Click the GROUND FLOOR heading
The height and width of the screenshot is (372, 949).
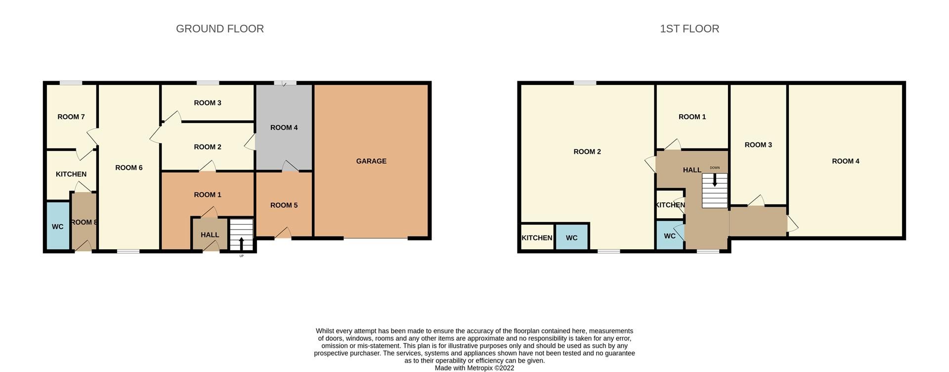(x=220, y=29)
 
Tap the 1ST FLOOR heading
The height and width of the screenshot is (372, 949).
(x=690, y=29)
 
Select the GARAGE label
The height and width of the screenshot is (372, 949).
(x=371, y=161)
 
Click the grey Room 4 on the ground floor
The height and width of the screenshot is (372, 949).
(x=284, y=127)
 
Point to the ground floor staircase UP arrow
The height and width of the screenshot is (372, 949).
(x=241, y=243)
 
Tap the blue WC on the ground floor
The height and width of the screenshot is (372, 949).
(x=58, y=226)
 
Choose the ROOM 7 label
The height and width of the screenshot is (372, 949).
(x=71, y=117)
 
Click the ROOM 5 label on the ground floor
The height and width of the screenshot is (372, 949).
(x=284, y=205)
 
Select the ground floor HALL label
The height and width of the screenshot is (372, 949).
(x=210, y=234)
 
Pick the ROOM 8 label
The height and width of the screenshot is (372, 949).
(x=84, y=222)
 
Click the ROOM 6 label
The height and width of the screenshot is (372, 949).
(x=129, y=168)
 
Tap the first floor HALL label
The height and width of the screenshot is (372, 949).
(x=692, y=170)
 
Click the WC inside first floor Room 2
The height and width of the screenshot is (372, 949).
(x=572, y=237)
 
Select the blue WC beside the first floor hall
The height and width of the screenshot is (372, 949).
(x=670, y=235)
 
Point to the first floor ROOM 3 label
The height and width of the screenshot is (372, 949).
(x=758, y=144)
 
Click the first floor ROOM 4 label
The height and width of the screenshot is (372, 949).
(x=846, y=161)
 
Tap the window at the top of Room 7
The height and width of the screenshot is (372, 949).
(x=71, y=83)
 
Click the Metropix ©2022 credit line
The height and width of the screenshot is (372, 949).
(x=474, y=368)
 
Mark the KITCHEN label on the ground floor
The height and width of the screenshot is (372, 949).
(x=71, y=174)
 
